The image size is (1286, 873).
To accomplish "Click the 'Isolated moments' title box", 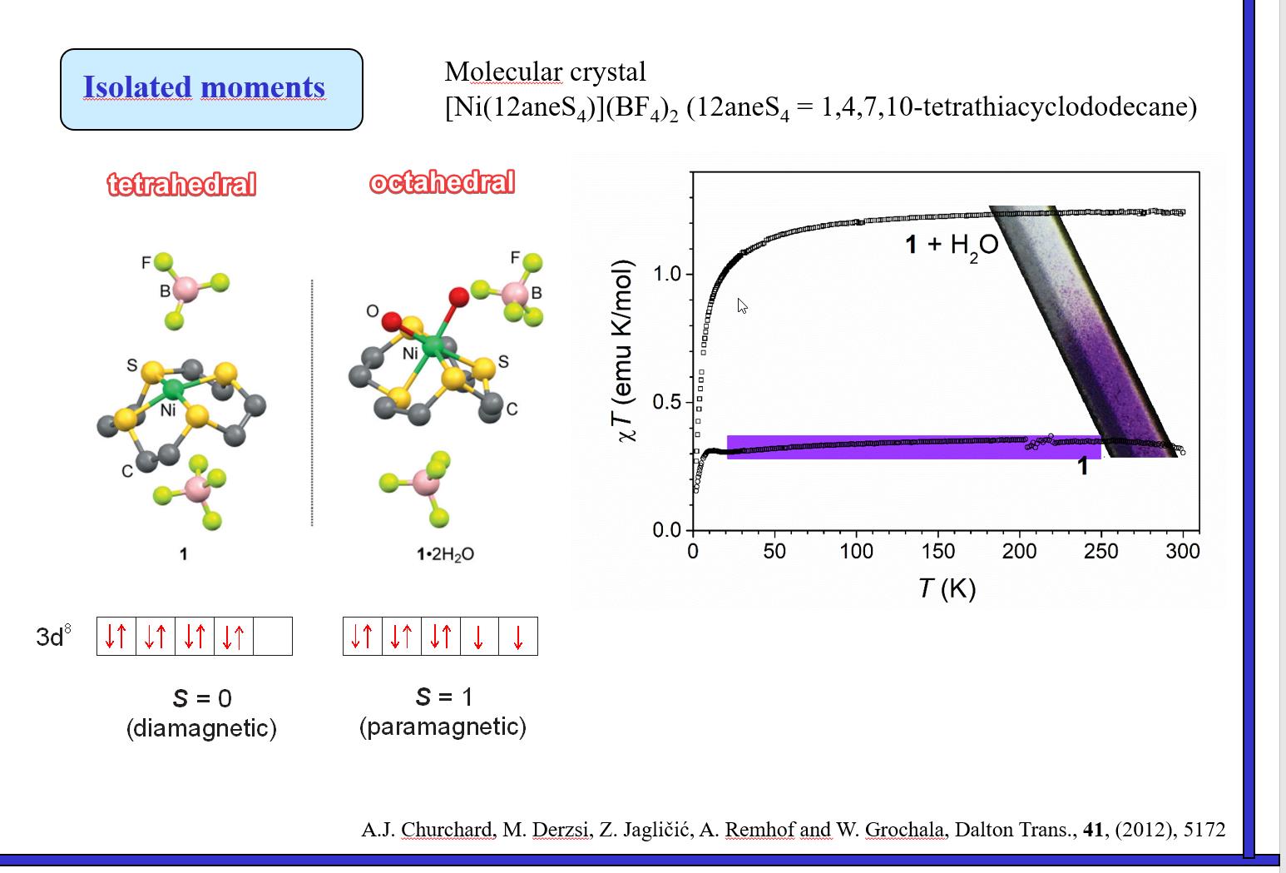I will click(x=211, y=89).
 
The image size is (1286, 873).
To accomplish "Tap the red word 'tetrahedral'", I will click(x=181, y=184).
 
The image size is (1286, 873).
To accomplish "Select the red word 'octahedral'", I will click(x=442, y=182).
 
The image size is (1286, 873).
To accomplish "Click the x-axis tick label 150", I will click(x=937, y=551).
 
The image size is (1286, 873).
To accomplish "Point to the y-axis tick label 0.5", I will click(x=666, y=403).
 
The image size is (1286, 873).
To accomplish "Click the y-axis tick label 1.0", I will click(x=666, y=274).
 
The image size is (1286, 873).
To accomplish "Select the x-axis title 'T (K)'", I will click(x=947, y=588).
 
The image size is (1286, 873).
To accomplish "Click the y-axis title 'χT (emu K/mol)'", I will click(x=625, y=350).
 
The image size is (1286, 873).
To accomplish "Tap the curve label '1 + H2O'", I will click(x=951, y=245).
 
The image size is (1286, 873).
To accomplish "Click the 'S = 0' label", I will click(x=201, y=698).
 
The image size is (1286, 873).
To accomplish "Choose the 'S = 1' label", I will click(x=443, y=697).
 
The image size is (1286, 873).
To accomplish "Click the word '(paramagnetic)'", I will click(x=443, y=727).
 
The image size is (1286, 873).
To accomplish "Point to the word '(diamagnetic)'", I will click(x=201, y=728).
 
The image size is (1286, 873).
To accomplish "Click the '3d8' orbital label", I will click(x=53, y=637).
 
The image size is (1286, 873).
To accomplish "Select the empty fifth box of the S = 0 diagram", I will click(x=273, y=637).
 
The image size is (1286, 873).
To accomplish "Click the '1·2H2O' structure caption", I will click(x=445, y=554).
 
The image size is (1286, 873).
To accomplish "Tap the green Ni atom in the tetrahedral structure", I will click(x=173, y=388).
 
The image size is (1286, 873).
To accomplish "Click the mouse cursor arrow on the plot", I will click(x=741, y=305).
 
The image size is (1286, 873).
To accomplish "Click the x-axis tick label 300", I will click(x=1182, y=551).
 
